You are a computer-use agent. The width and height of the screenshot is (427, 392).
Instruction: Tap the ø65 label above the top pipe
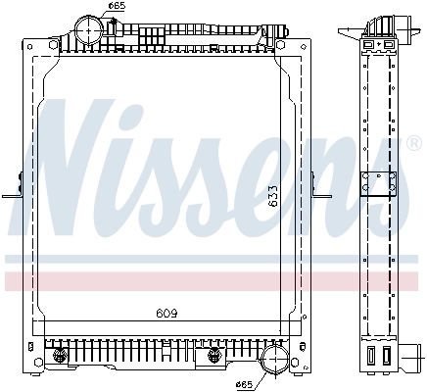pyautogui.click(x=117, y=7)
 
